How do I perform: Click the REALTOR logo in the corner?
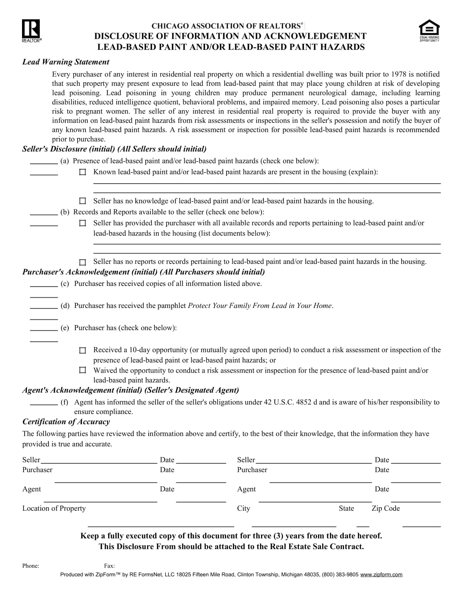31,30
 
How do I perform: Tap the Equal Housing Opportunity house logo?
429,30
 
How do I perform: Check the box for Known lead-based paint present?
83,172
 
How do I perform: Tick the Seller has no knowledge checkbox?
83,201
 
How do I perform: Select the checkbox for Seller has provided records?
83,223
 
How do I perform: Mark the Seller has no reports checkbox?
83,262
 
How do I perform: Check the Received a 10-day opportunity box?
83,350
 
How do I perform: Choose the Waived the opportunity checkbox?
83,370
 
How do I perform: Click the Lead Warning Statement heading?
66,62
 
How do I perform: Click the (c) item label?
65,283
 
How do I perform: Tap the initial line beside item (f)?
44,404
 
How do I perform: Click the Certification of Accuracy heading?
66,422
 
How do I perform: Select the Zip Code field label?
385,508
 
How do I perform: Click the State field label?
346,508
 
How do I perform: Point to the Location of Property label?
54,508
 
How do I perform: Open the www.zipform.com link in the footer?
381,575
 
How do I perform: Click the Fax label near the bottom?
109,566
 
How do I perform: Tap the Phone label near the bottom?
31,566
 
